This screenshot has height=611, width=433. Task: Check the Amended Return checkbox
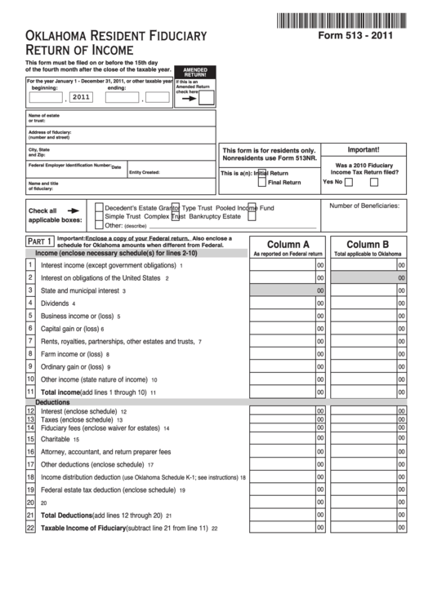[x=207, y=99]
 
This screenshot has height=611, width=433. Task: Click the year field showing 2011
[x=80, y=97]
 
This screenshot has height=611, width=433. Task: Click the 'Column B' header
[x=367, y=244]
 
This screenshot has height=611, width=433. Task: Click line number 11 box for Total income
[x=30, y=392]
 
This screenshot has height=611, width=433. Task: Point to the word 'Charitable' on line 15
[x=56, y=439]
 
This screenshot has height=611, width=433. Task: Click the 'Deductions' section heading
[x=52, y=403]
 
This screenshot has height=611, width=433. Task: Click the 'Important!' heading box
[x=364, y=150]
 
